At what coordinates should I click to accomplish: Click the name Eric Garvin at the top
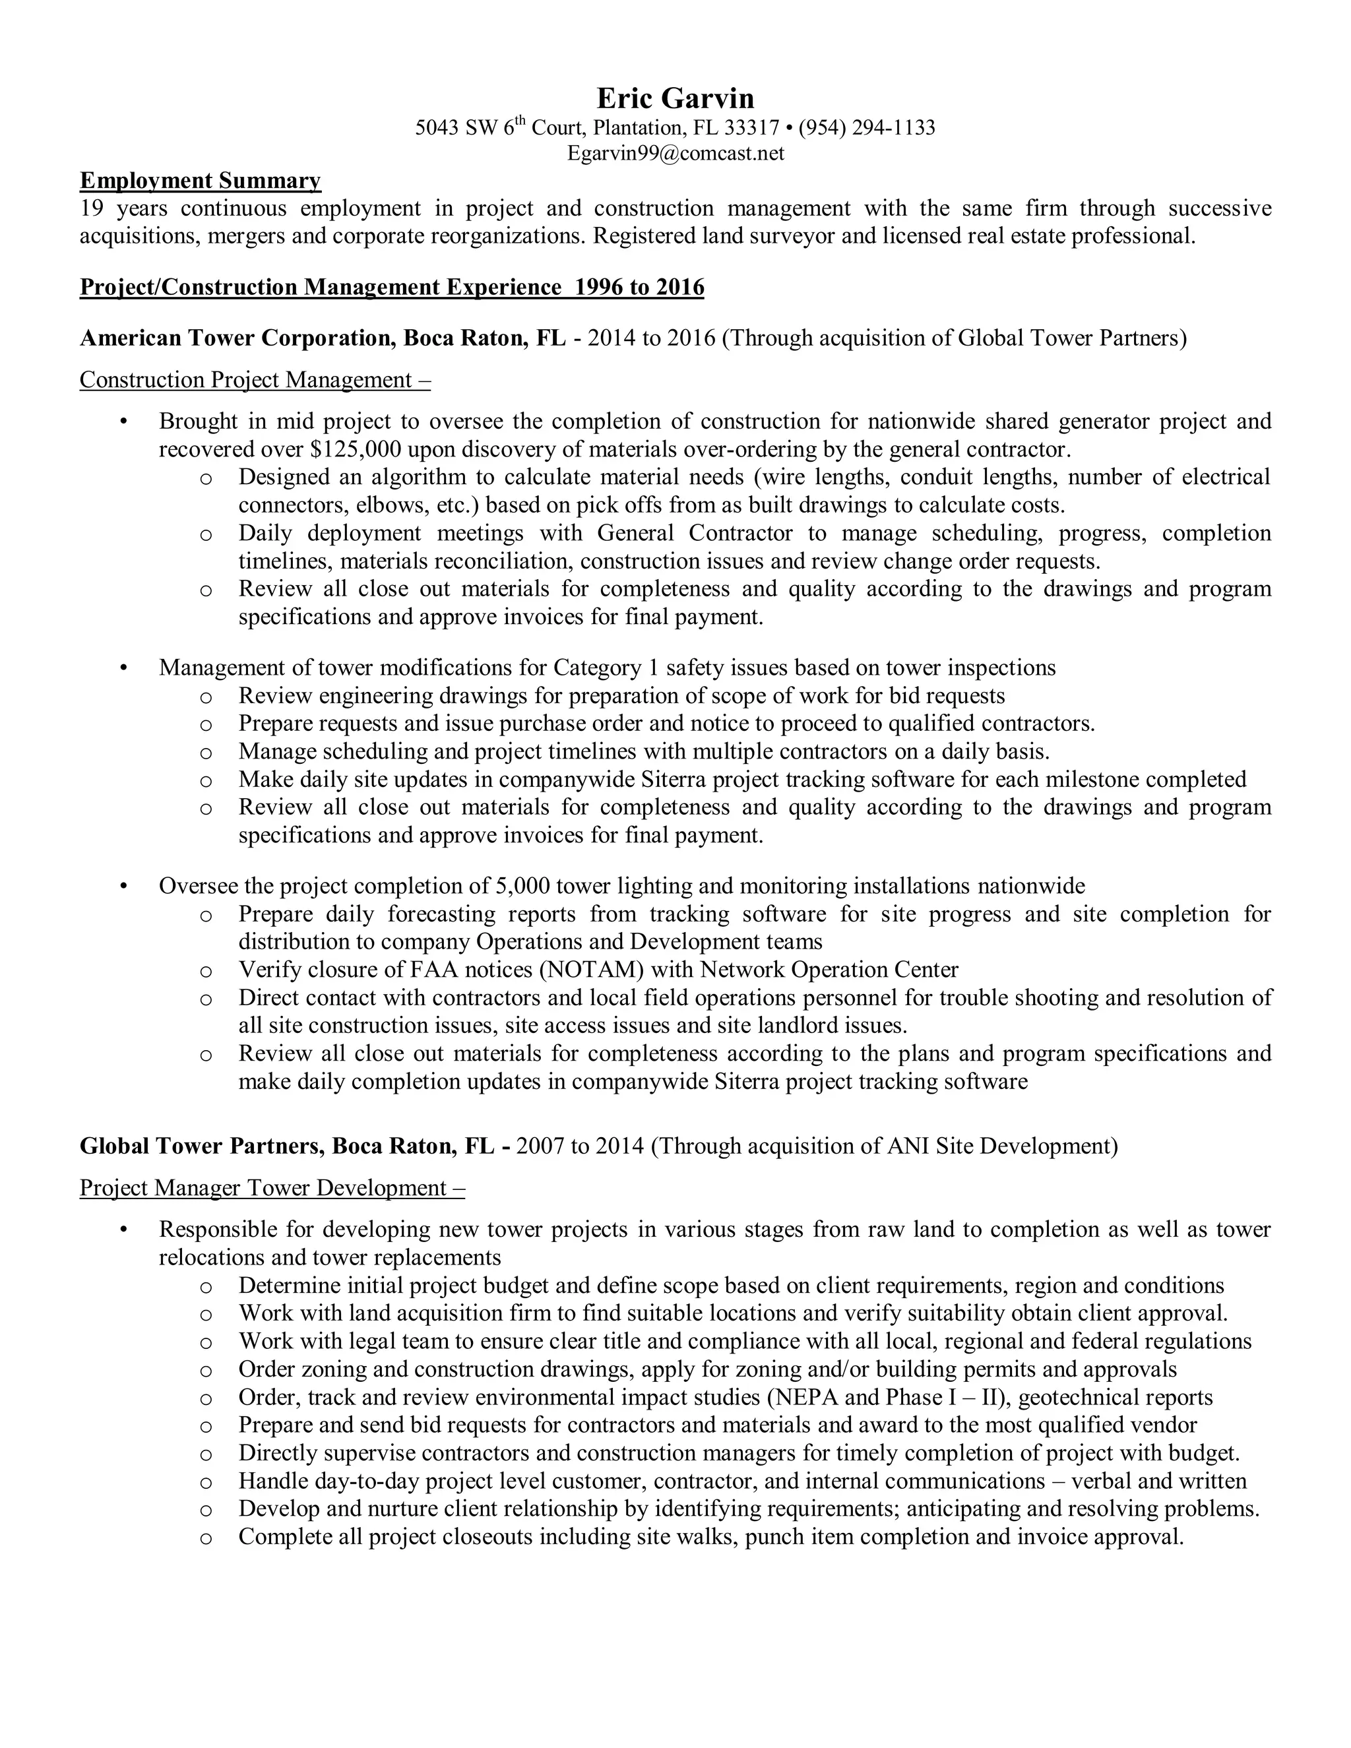click(675, 98)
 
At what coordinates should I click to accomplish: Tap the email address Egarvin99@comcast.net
click(675, 153)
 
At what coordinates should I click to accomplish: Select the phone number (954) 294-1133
click(866, 127)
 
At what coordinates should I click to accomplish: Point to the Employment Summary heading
click(200, 181)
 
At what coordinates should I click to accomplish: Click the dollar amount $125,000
click(354, 449)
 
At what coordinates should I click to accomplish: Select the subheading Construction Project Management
click(255, 379)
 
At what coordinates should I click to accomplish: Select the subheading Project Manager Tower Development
click(272, 1188)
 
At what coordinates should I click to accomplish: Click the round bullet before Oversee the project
click(123, 887)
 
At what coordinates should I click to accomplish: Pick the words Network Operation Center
click(829, 970)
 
